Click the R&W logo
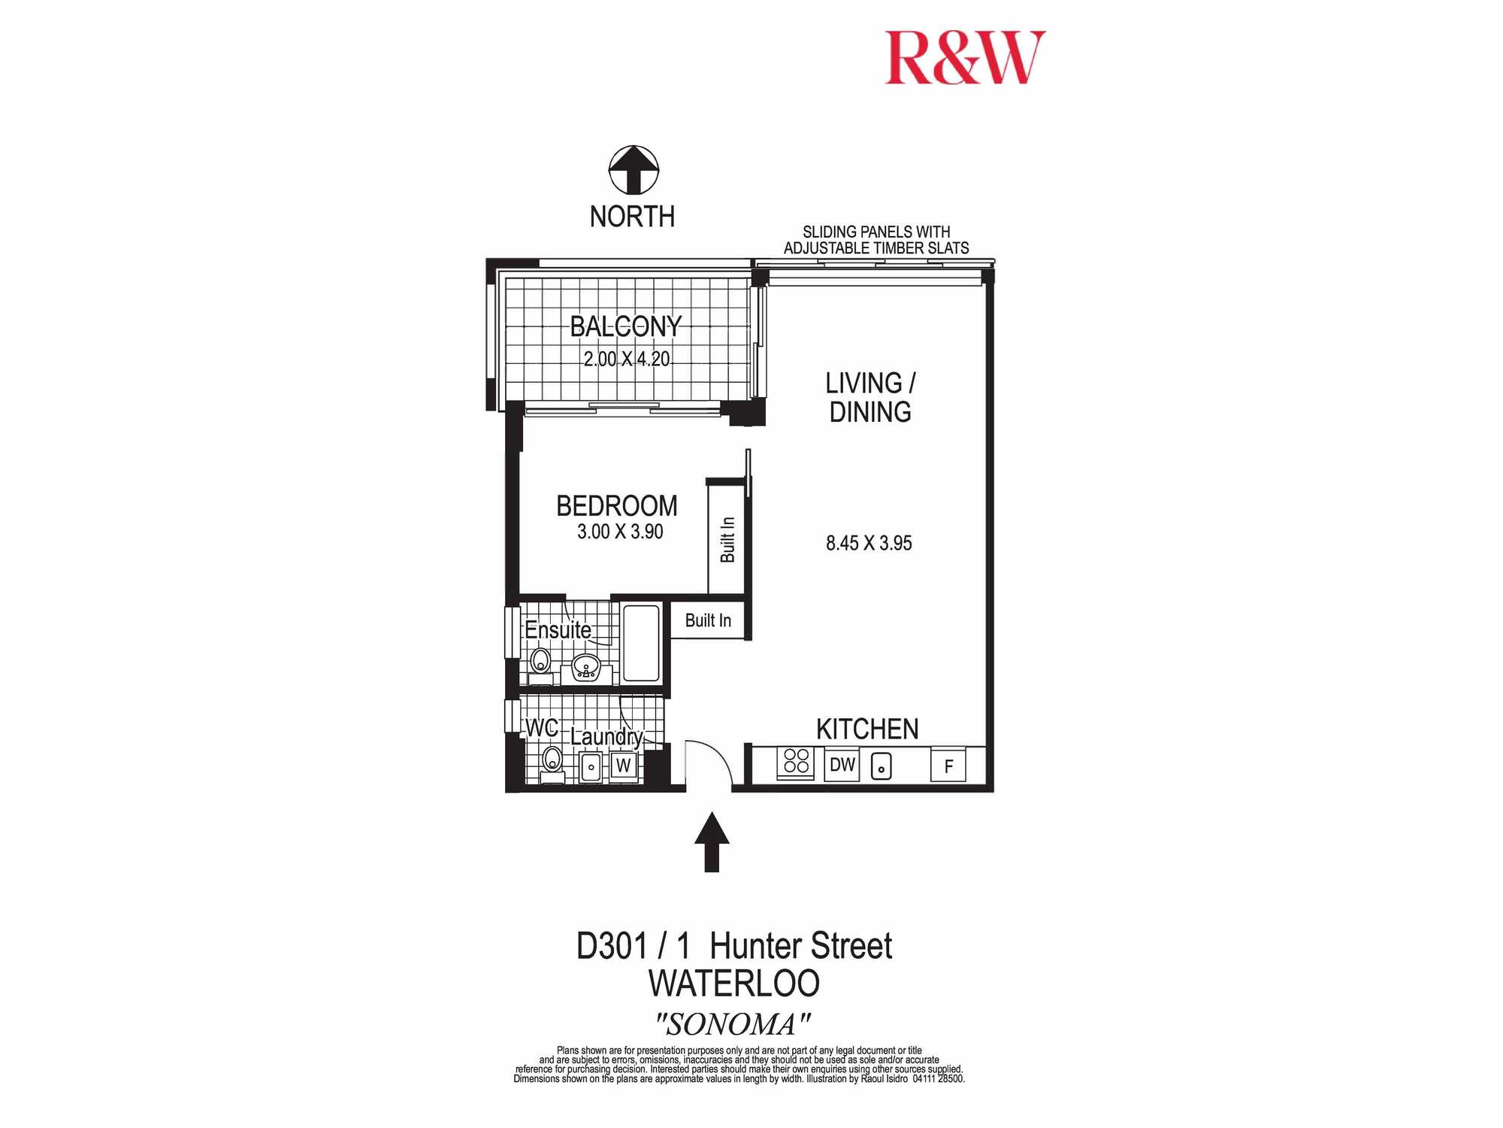966,58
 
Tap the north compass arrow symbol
634,170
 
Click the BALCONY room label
626,326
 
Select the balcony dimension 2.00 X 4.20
627,359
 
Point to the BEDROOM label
617,506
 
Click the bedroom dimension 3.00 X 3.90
620,532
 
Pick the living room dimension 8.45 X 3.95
869,543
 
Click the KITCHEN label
867,729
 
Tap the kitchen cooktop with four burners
796,762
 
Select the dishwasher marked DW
842,765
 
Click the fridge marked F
948,766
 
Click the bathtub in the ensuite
641,644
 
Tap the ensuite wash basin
586,666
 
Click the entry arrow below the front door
712,841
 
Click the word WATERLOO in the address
733,984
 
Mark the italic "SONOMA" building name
733,1024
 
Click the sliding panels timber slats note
876,240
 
